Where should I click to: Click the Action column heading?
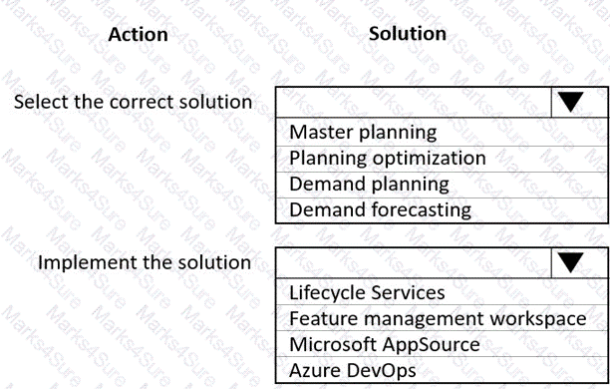coord(138,35)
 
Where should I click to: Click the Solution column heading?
coord(408,33)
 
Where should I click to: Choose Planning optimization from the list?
coord(388,158)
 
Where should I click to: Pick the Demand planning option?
coord(369,184)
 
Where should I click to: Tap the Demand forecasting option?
coord(380,209)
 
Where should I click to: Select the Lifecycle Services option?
coord(367,293)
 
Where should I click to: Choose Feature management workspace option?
coord(438,319)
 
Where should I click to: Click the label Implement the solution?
coord(145,262)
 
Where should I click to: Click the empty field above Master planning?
coord(413,101)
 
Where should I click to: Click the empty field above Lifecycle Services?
coord(413,262)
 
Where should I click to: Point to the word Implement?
coord(85,262)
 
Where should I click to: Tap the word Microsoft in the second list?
coord(332,345)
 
